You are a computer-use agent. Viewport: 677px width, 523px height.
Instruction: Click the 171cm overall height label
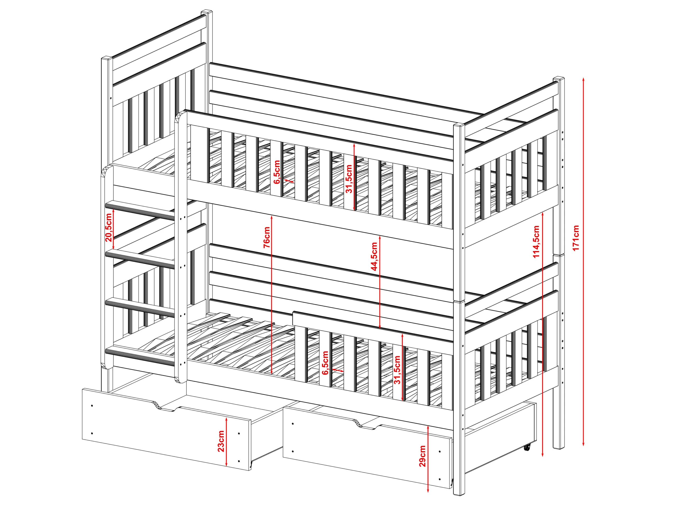(576, 238)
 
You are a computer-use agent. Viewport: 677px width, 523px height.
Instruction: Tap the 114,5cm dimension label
(536, 242)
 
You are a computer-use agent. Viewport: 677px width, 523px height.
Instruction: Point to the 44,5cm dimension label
(374, 257)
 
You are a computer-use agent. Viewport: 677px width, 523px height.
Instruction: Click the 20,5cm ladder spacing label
(108, 228)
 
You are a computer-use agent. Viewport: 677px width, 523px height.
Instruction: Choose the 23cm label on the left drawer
(221, 441)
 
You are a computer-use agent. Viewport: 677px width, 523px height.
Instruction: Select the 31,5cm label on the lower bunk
(397, 370)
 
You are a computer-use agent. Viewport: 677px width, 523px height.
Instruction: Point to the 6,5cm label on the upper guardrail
(277, 172)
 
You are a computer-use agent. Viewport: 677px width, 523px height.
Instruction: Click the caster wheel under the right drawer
(527, 447)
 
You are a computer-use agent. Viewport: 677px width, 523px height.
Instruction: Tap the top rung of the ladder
(140, 210)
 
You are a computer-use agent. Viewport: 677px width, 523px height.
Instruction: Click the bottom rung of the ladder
(140, 356)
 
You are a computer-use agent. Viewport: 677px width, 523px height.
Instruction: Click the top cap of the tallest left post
(207, 12)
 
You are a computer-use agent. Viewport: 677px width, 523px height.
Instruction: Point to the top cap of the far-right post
(559, 79)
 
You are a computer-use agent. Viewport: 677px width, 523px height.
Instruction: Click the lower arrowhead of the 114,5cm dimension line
(542, 454)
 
